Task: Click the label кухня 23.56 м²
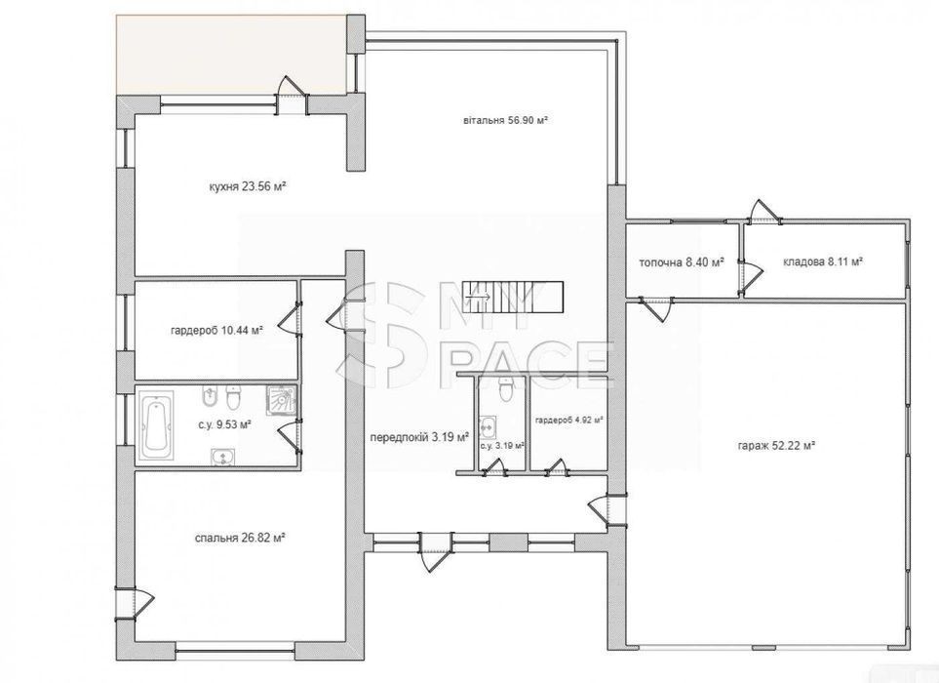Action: (247, 187)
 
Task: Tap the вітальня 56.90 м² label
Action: (506, 120)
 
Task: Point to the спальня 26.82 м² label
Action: (240, 538)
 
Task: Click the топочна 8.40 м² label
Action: (682, 261)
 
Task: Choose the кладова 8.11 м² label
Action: (823, 261)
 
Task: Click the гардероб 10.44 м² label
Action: (216, 330)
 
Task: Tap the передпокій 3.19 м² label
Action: (419, 437)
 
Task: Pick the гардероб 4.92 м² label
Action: (568, 420)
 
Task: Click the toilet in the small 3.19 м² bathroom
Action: (506, 389)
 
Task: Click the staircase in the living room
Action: (516, 297)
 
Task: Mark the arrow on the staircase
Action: (484, 296)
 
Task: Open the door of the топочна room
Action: (656, 307)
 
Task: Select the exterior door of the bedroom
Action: (136, 601)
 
